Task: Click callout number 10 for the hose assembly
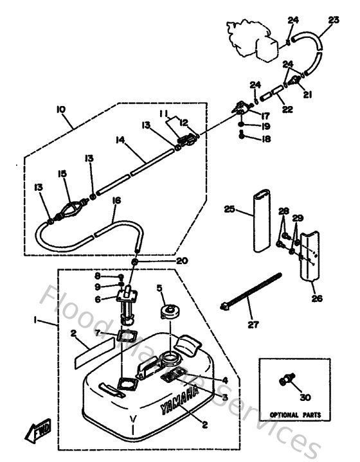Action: point(61,110)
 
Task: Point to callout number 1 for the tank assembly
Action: point(37,319)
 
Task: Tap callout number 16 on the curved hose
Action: point(116,201)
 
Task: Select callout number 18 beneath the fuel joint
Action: point(266,138)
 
